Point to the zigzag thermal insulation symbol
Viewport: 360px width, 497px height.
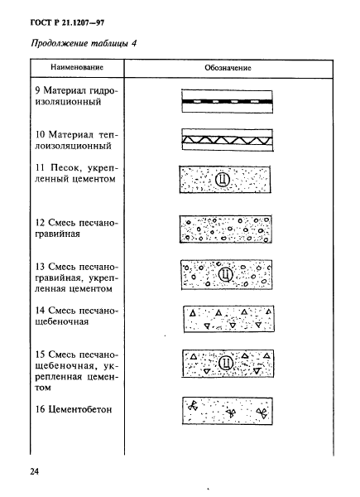pyautogui.click(x=226, y=138)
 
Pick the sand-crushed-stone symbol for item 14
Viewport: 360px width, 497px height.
pyautogui.click(x=226, y=317)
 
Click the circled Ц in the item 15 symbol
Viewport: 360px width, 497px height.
pyautogui.click(x=223, y=363)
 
